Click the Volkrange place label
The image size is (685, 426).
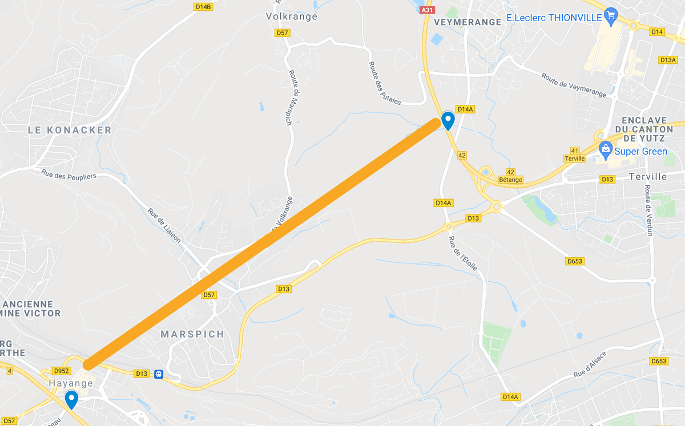tap(292, 17)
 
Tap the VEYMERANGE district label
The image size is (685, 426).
tap(467, 22)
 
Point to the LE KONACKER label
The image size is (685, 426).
tap(70, 131)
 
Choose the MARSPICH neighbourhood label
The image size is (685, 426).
tap(192, 334)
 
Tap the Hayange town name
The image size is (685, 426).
tap(71, 382)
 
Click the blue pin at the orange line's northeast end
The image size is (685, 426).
tap(448, 120)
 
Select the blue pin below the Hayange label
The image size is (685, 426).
tap(71, 399)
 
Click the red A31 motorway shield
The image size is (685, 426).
tap(426, 9)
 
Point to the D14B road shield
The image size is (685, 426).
tap(203, 7)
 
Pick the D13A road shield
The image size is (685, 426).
tap(667, 60)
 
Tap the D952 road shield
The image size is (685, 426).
tap(60, 371)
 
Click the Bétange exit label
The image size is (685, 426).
tap(510, 180)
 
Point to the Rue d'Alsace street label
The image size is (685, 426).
tap(590, 365)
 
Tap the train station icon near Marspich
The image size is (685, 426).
tap(159, 374)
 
